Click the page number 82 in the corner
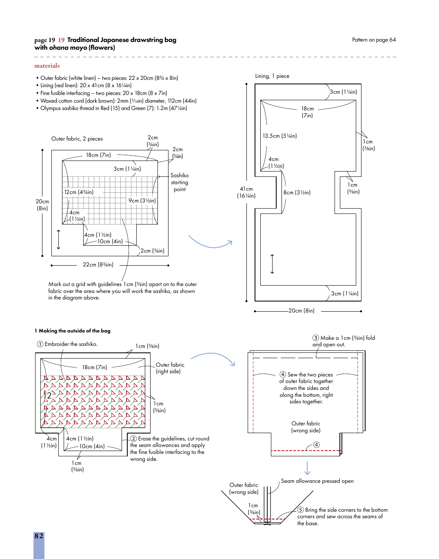pyautogui.click(x=39, y=536)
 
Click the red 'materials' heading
pyautogui.click(x=47, y=66)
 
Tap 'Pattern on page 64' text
pyautogui.click(x=374, y=40)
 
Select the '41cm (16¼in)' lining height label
pyautogui.click(x=246, y=192)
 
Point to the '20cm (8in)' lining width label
pyautogui.click(x=302, y=310)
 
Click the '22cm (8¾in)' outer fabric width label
pyautogui.click(x=98, y=264)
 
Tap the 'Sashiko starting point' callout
pyautogui.click(x=180, y=182)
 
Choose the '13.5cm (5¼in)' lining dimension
pyautogui.click(x=279, y=136)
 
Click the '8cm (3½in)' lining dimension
pyautogui.click(x=297, y=192)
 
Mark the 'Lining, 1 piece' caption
pyautogui.click(x=272, y=76)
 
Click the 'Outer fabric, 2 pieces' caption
pyautogui.click(x=77, y=139)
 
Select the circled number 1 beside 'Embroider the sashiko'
pyautogui.click(x=40, y=344)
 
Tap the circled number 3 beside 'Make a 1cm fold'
pyautogui.click(x=316, y=338)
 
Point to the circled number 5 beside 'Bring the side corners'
pyautogui.click(x=301, y=510)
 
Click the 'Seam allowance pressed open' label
pyautogui.click(x=317, y=481)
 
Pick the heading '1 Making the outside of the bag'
pyautogui.click(x=73, y=331)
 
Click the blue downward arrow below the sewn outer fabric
pyautogui.click(x=307, y=468)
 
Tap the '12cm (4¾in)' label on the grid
pyautogui.click(x=79, y=192)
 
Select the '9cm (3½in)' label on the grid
pyautogui.click(x=142, y=200)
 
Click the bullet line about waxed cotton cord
pyautogui.click(x=118, y=101)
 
